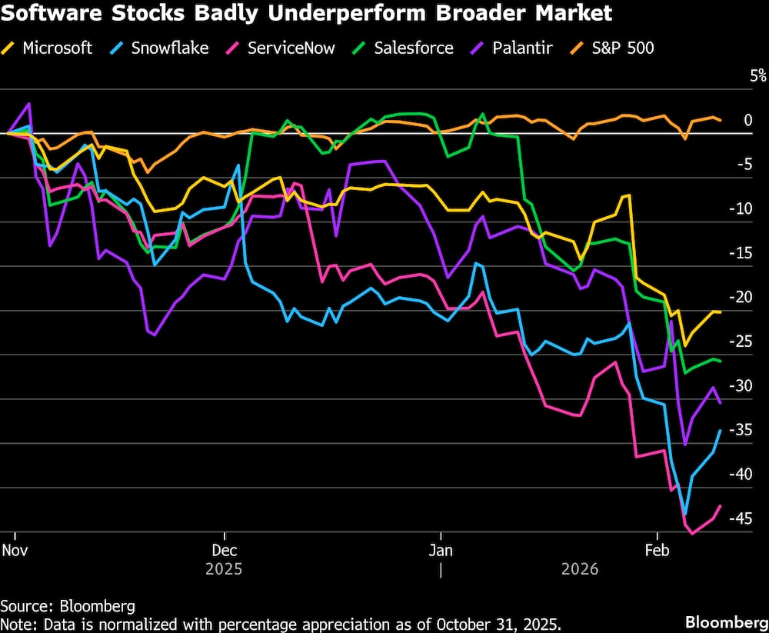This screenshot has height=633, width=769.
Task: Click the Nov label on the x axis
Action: tap(15, 551)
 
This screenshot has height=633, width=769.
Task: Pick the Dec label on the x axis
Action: tap(224, 551)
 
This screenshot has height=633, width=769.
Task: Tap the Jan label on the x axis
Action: tap(441, 551)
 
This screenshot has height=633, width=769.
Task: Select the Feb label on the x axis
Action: tap(657, 551)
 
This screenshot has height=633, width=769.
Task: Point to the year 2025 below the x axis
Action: tap(224, 570)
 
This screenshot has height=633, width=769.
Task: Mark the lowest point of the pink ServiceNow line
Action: tap(691, 533)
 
